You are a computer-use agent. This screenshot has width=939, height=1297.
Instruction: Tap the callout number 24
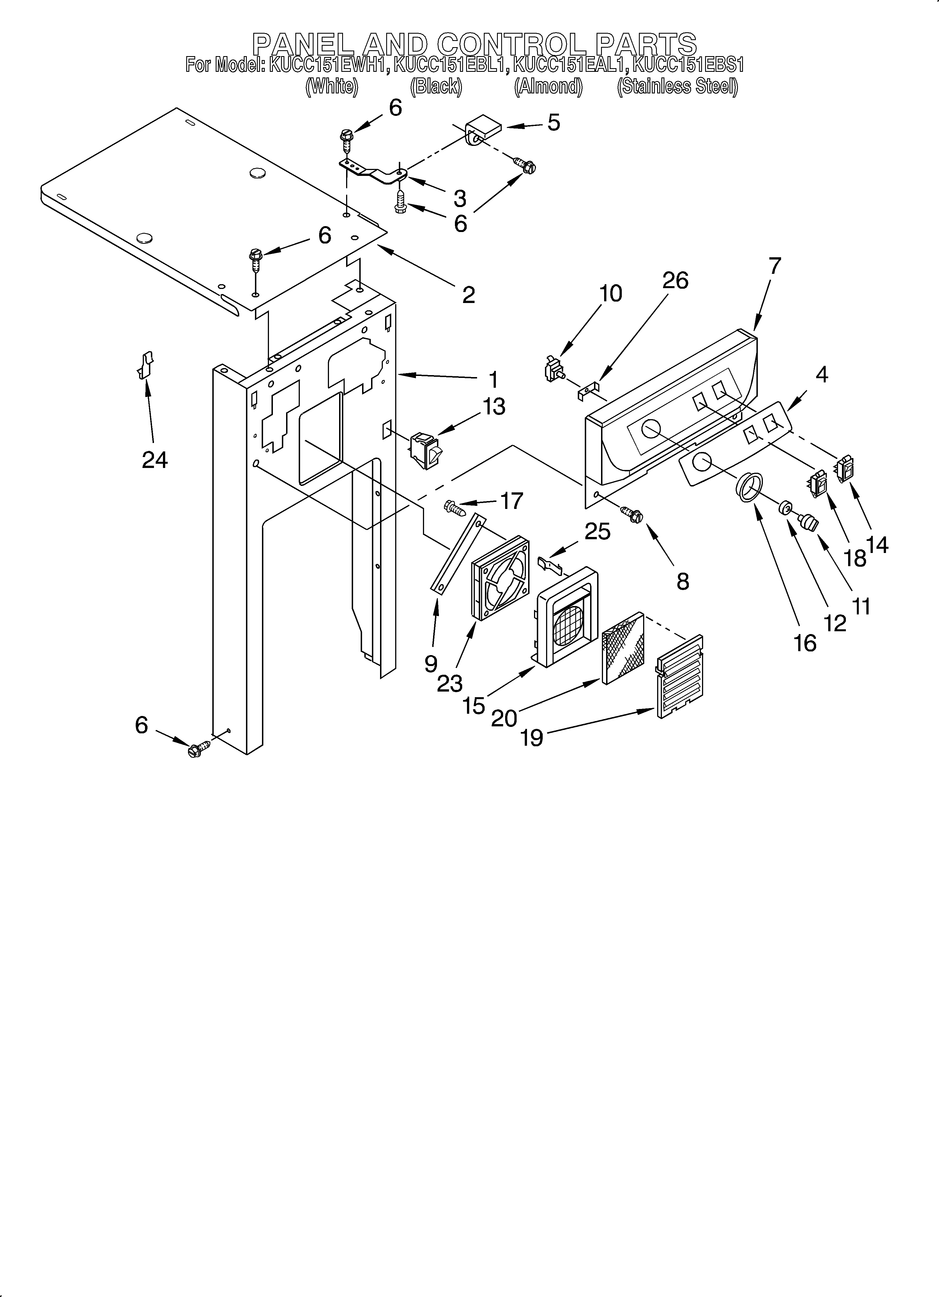(155, 459)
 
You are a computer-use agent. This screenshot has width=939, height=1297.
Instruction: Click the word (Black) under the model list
(436, 86)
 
